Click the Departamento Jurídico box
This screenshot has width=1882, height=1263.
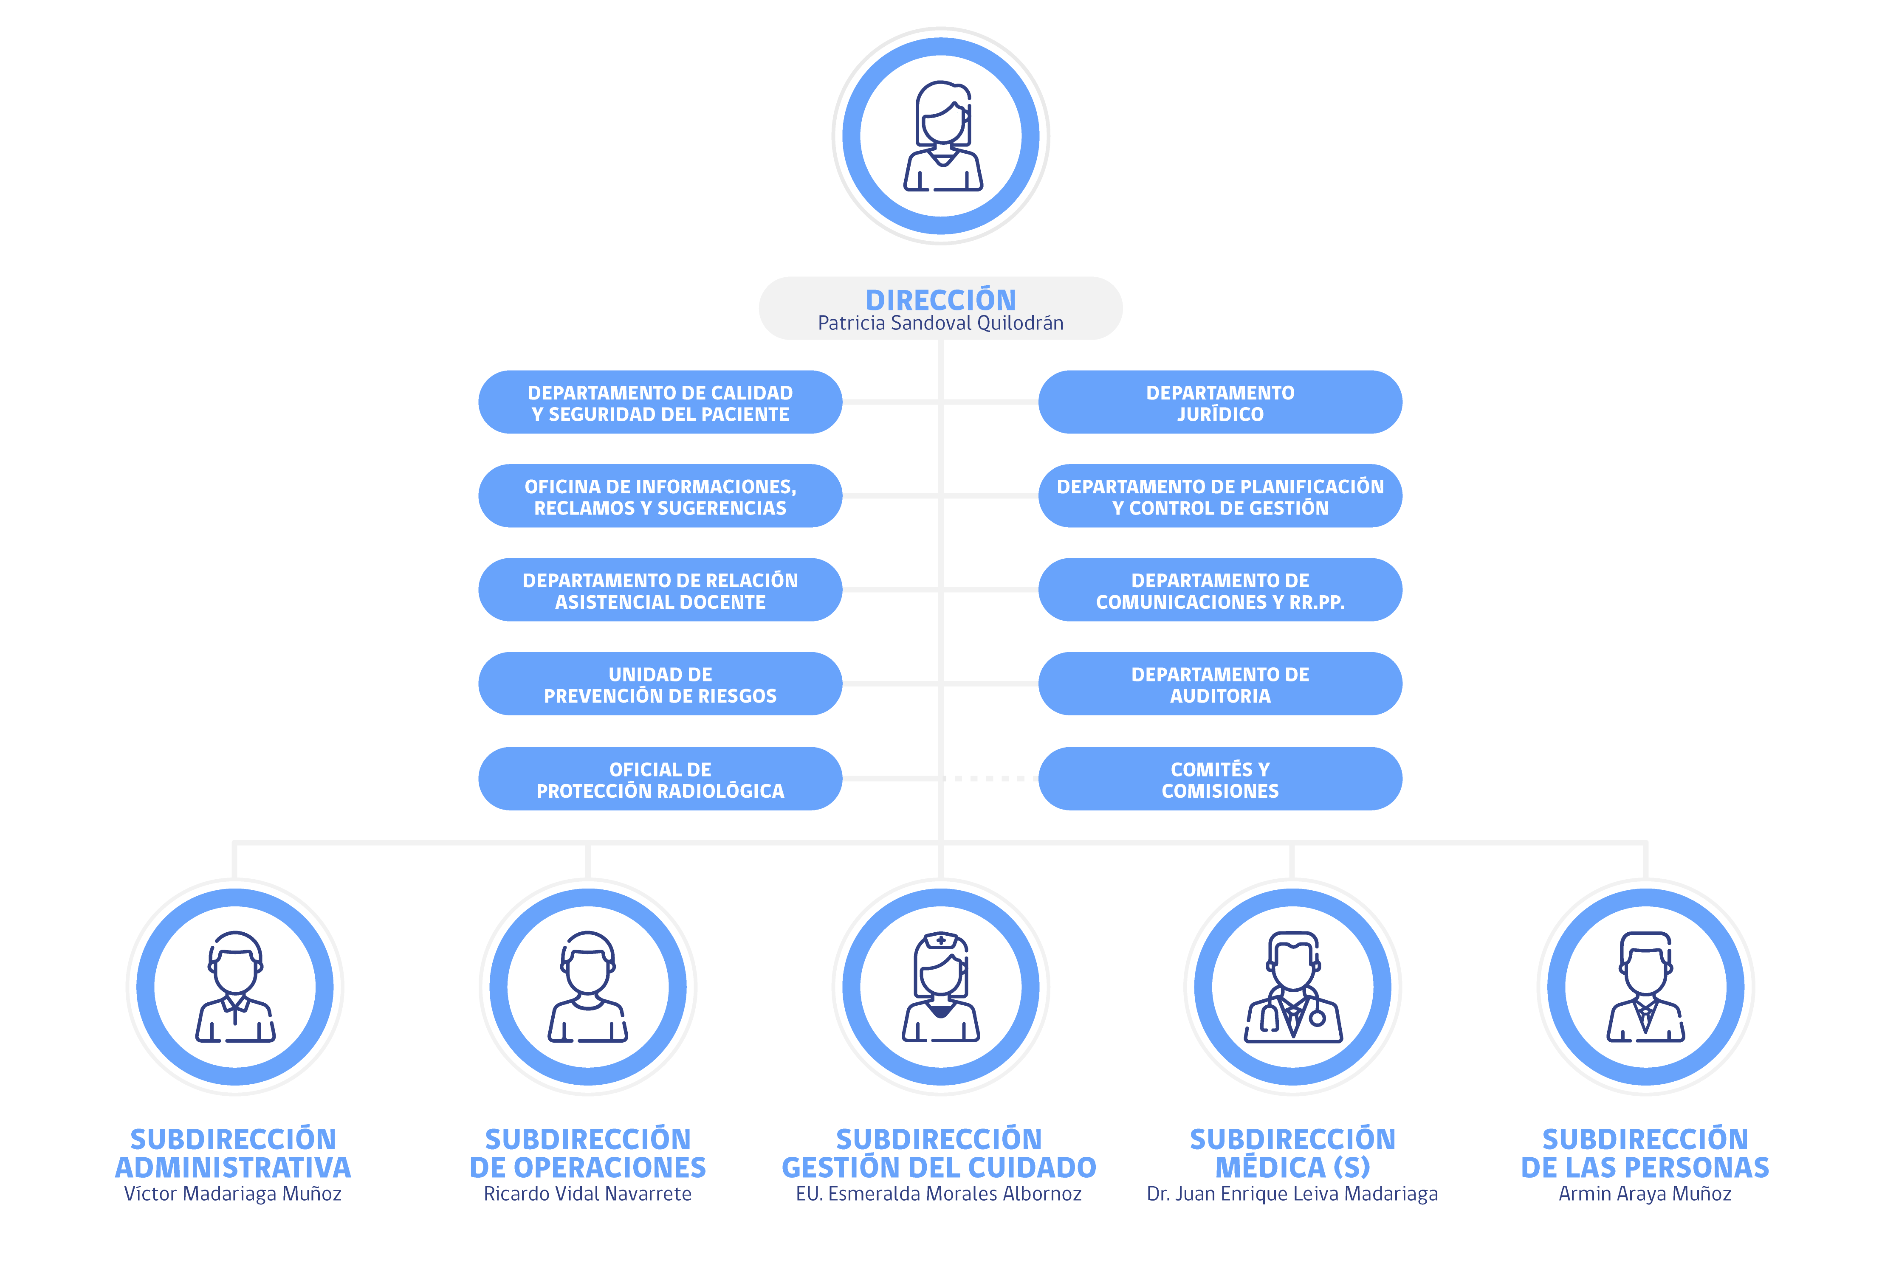coord(1220,402)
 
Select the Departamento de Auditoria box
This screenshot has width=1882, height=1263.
coord(1220,684)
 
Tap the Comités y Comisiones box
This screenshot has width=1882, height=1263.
coord(1220,779)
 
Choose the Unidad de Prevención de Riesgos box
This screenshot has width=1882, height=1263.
coord(660,684)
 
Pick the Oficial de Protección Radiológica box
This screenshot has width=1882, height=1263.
coord(660,779)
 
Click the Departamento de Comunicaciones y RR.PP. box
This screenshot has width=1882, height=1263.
coord(1220,590)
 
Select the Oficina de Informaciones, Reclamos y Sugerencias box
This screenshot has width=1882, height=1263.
coord(660,496)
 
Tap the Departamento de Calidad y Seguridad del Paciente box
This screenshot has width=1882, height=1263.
coord(660,402)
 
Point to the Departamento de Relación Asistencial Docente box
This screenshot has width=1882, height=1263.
coord(660,590)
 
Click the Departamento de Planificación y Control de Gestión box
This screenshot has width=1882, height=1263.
coord(1220,496)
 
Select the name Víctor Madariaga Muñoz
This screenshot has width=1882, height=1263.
coord(233,1194)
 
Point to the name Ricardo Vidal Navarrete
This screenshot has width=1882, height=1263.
coord(587,1194)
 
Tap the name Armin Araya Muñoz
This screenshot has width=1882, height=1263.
coord(1645,1194)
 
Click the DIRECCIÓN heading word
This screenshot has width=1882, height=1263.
coord(940,300)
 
